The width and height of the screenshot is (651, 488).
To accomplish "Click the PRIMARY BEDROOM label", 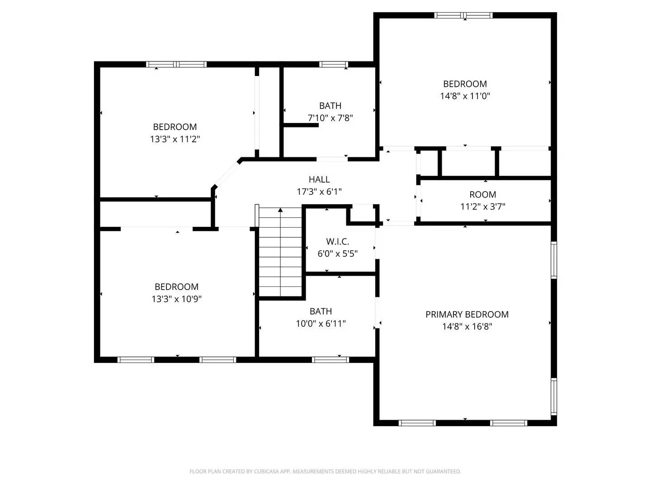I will click(467, 314).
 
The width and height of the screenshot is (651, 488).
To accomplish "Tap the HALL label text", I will click(319, 179).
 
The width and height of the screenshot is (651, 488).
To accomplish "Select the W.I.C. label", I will click(338, 242).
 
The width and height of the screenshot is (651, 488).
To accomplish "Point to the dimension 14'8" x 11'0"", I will click(465, 96).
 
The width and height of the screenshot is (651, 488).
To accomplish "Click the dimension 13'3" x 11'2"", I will click(175, 139).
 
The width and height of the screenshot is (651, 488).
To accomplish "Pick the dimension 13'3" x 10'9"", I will click(176, 299).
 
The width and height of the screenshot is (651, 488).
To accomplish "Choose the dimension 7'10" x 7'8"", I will click(330, 118).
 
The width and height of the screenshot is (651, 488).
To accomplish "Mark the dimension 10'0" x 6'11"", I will click(321, 324).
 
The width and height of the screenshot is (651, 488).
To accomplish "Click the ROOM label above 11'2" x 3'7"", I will click(482, 195).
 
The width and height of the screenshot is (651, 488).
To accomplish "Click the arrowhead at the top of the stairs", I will click(281, 210).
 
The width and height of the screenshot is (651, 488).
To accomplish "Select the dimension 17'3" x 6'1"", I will click(319, 192).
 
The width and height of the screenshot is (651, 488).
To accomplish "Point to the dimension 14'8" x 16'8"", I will click(467, 326).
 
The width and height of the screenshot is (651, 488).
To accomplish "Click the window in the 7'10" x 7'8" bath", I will click(334, 64).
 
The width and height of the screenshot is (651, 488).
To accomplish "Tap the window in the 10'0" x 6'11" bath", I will click(330, 360).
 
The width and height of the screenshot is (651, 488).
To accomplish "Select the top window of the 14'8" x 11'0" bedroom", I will click(463, 15).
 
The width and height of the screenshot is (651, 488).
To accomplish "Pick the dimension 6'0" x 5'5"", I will click(338, 253).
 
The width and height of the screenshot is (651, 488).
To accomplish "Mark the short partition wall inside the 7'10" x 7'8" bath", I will click(301, 125).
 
